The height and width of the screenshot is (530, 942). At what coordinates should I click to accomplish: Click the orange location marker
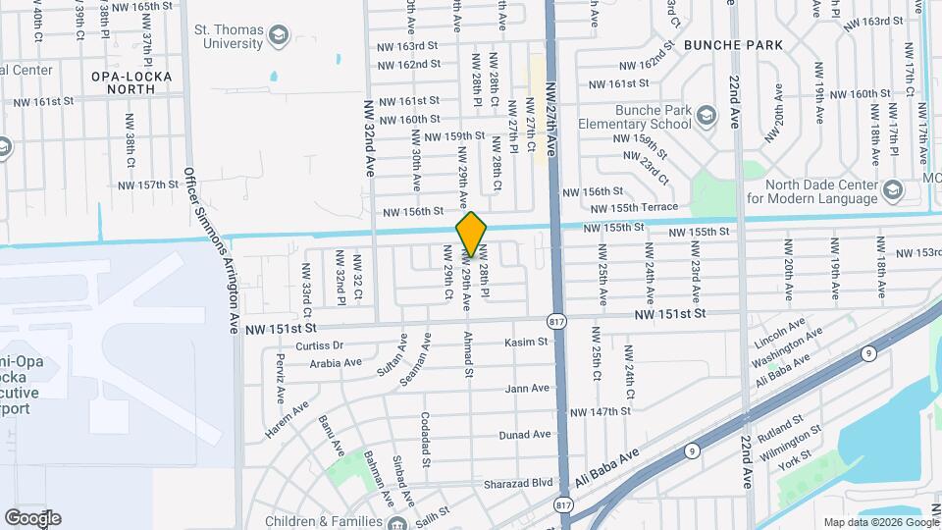click(x=471, y=234)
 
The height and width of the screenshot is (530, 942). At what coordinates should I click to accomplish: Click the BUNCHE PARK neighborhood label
click(x=734, y=45)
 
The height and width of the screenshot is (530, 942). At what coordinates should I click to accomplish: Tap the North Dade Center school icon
click(x=892, y=189)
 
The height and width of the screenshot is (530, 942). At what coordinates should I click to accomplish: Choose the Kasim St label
click(x=524, y=343)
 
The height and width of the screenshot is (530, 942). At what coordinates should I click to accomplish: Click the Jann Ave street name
click(x=527, y=389)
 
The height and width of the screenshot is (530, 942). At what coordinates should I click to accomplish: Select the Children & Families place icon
click(x=399, y=522)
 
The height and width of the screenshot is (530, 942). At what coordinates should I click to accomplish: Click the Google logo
click(x=32, y=517)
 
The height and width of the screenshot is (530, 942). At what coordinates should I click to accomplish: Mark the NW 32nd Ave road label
click(x=370, y=137)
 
